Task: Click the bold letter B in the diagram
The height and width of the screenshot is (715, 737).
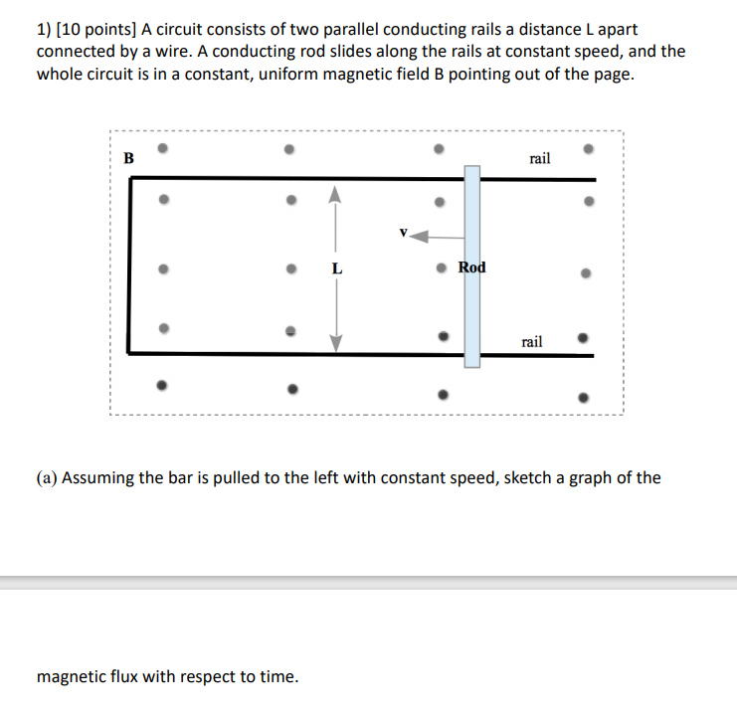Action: [x=128, y=157]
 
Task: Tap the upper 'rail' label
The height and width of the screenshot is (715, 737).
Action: [x=540, y=158]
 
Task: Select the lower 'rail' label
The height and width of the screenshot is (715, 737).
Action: [x=532, y=341]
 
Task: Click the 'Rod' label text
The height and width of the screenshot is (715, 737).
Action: [x=472, y=267]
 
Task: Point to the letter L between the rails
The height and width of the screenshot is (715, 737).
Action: [x=336, y=268]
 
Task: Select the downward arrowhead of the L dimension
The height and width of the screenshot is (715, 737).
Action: [x=336, y=342]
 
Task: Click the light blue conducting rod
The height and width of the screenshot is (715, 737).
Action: [x=471, y=308]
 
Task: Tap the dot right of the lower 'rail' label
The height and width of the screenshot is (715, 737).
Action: [x=585, y=337]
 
